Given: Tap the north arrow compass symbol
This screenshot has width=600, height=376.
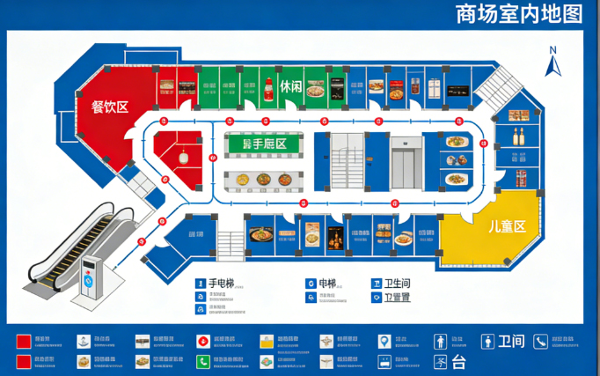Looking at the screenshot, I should pyautogui.click(x=553, y=63).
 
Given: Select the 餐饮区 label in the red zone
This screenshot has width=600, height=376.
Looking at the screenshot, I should pyautogui.click(x=110, y=107).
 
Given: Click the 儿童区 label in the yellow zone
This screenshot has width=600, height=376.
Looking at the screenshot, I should pyautogui.click(x=507, y=226).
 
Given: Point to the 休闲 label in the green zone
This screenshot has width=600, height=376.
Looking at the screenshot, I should pyautogui.click(x=291, y=87).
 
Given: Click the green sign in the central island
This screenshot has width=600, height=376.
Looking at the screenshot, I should pyautogui.click(x=264, y=144).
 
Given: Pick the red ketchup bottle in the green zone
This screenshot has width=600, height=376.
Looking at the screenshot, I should pyautogui.click(x=267, y=87).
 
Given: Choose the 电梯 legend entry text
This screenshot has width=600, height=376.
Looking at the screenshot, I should pyautogui.click(x=327, y=284).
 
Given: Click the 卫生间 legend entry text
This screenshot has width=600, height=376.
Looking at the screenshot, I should pyautogui.click(x=398, y=284).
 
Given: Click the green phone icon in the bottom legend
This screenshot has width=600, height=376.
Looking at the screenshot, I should pyautogui.click(x=202, y=361).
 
